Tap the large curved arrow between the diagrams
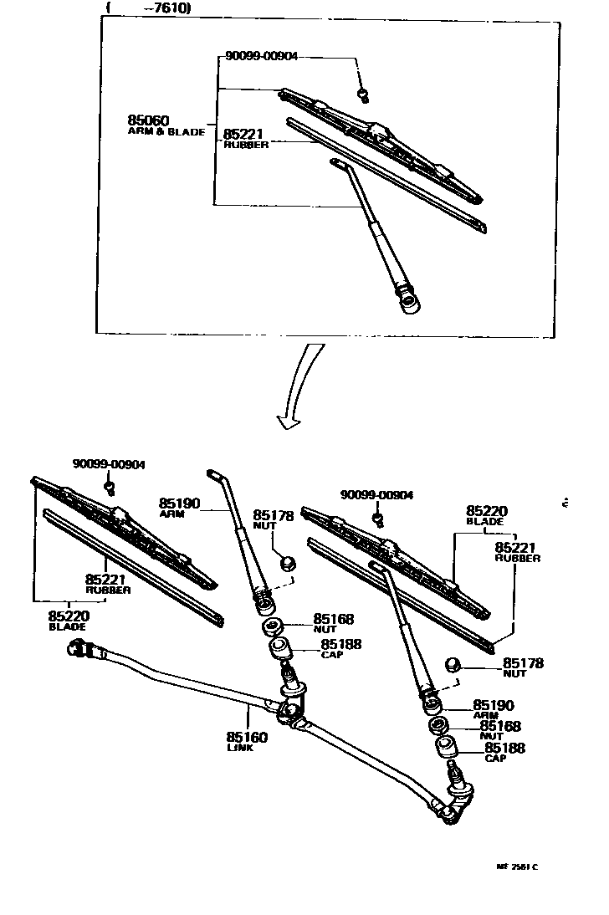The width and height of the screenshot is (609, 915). [x=300, y=385]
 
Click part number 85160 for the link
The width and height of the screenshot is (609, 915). [x=246, y=737]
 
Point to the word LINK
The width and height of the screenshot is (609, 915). [x=239, y=748]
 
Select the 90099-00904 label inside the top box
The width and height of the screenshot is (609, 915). [x=261, y=57]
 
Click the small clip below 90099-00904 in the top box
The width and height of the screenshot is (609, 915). [x=362, y=91]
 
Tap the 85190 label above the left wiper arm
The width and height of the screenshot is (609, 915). [x=179, y=504]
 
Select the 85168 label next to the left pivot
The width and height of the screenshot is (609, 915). [x=334, y=619]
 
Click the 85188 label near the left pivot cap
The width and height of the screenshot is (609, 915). [x=340, y=645]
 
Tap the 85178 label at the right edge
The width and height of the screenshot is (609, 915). [x=523, y=663]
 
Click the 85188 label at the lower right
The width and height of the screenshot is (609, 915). [x=504, y=748]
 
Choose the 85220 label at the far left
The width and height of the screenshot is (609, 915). [x=69, y=616]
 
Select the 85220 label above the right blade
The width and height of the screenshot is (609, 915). [x=486, y=510]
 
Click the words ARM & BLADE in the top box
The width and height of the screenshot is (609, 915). [x=166, y=132]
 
